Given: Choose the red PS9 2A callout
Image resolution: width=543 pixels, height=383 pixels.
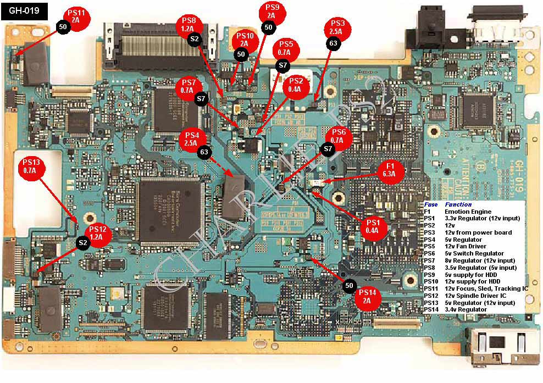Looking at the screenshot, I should point(271,12).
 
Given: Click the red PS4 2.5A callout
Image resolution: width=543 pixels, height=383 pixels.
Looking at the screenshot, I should point(192,138).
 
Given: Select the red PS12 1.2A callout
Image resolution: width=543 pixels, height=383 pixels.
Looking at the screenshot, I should point(98,234).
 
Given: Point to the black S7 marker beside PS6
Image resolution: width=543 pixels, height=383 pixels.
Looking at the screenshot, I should point(328,149).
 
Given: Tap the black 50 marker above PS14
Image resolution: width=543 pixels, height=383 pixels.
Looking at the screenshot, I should point(348,285).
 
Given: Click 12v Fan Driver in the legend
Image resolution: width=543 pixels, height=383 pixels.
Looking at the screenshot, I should point(466,247).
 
